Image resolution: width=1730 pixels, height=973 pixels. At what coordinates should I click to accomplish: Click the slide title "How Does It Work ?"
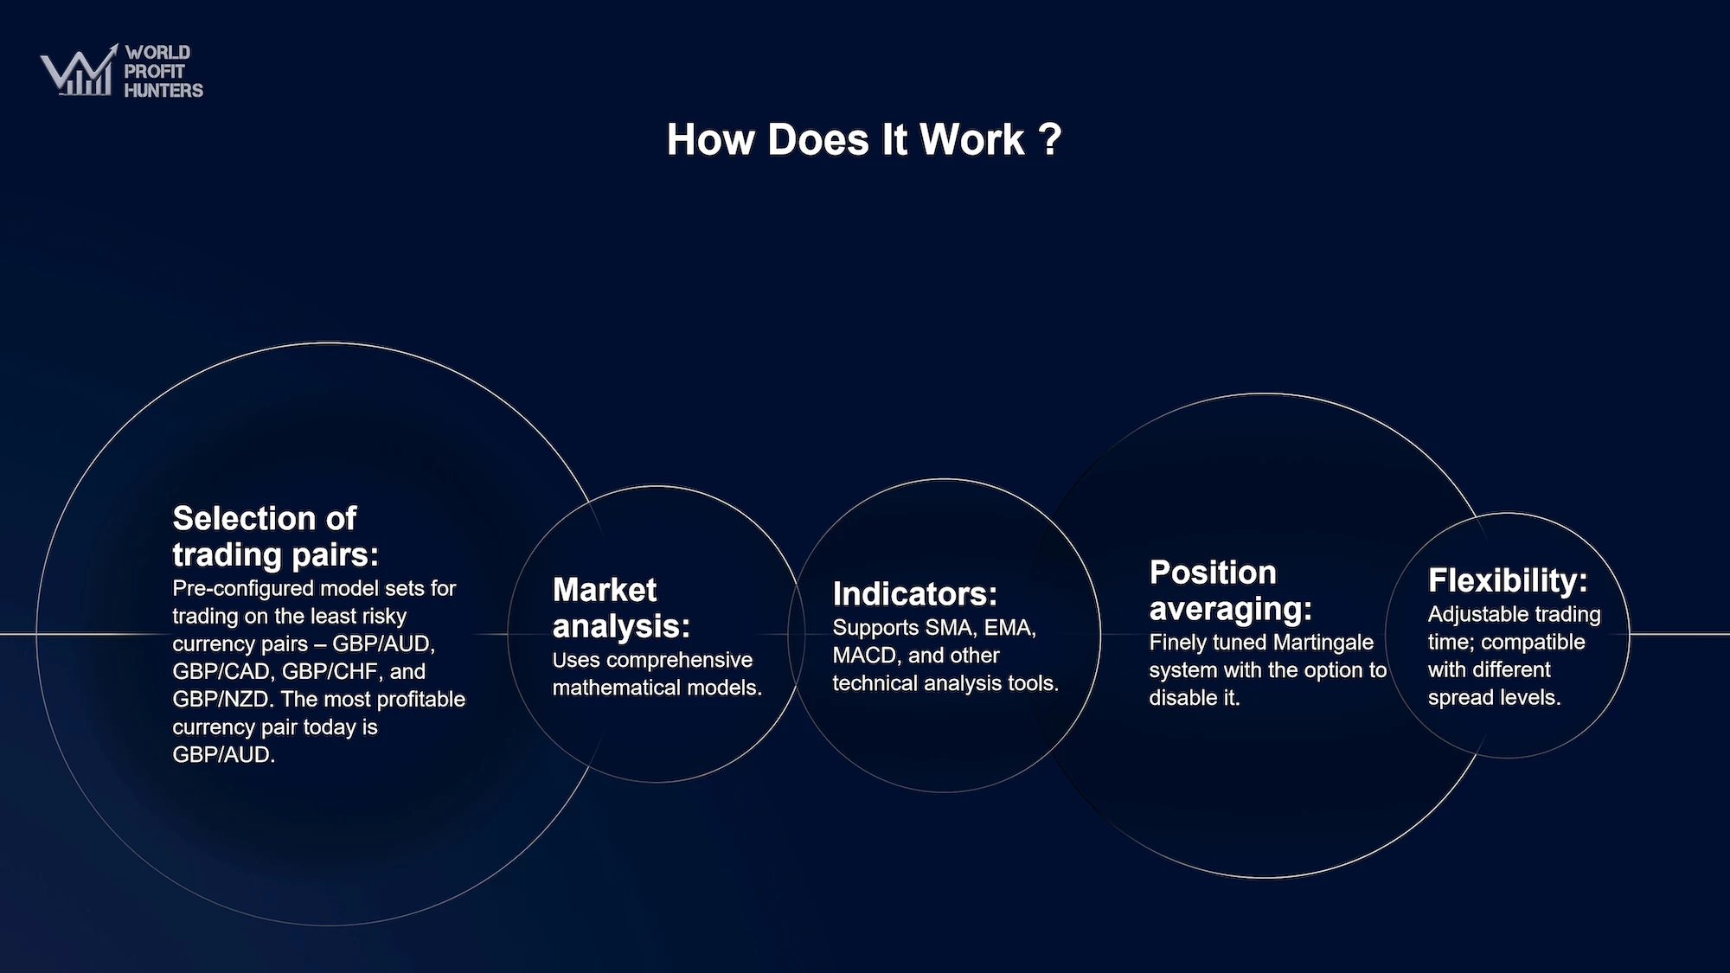[x=864, y=139]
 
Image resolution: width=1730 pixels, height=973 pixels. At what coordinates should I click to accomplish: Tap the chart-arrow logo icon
[x=79, y=70]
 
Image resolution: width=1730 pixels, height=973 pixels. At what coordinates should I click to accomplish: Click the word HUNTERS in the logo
[x=163, y=90]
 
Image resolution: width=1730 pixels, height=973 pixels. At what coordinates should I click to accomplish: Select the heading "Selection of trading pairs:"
[x=276, y=536]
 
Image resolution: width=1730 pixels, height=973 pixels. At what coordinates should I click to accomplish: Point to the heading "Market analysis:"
[x=621, y=608]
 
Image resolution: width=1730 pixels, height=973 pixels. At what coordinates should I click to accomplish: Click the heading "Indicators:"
[x=914, y=594]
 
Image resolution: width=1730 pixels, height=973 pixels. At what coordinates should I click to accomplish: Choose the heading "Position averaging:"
[x=1230, y=591]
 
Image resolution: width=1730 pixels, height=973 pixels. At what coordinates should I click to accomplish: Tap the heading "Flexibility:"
[x=1508, y=580]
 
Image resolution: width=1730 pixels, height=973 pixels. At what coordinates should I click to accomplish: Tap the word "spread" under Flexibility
[x=1458, y=698]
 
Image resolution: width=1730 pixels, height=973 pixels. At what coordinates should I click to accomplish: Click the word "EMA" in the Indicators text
[x=1009, y=628]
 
